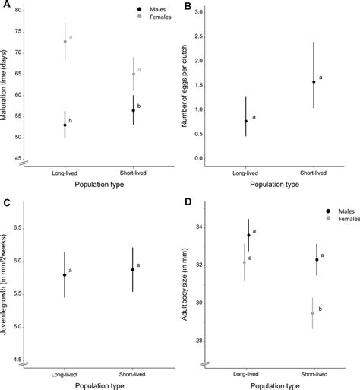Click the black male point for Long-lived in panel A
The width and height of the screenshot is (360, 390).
[x=65, y=125]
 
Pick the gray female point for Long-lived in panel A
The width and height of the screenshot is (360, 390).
[x=65, y=42]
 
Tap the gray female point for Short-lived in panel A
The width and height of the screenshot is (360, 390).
[x=134, y=74]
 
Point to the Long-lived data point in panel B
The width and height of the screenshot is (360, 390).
[x=245, y=121]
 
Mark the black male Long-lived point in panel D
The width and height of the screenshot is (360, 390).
[x=248, y=236]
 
